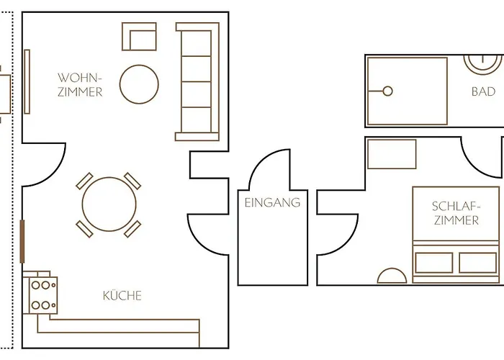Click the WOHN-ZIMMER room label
pyautogui.click(x=80, y=85)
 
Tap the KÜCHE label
pyautogui.click(x=122, y=295)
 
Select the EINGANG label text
pyautogui.click(x=272, y=202)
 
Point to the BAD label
pyautogui.click(x=483, y=91)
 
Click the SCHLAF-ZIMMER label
pyautogui.click(x=456, y=213)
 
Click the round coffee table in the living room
pyautogui.click(x=139, y=84)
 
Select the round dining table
pyautogui.click(x=109, y=204)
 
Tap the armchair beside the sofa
pyautogui.click(x=139, y=36)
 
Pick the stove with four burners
pyautogui.click(x=43, y=295)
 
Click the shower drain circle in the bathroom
pyautogui.click(x=387, y=91)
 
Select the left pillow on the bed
pyautogui.click(x=434, y=263)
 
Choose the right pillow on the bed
pyautogui.click(x=477, y=263)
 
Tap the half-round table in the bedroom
pyautogui.click(x=392, y=276)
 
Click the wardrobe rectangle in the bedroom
pyautogui.click(x=392, y=154)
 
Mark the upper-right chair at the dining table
pyautogui.click(x=132, y=181)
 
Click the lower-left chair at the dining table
pyautogui.click(x=84, y=229)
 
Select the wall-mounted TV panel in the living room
pyautogui.click(x=27, y=81)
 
